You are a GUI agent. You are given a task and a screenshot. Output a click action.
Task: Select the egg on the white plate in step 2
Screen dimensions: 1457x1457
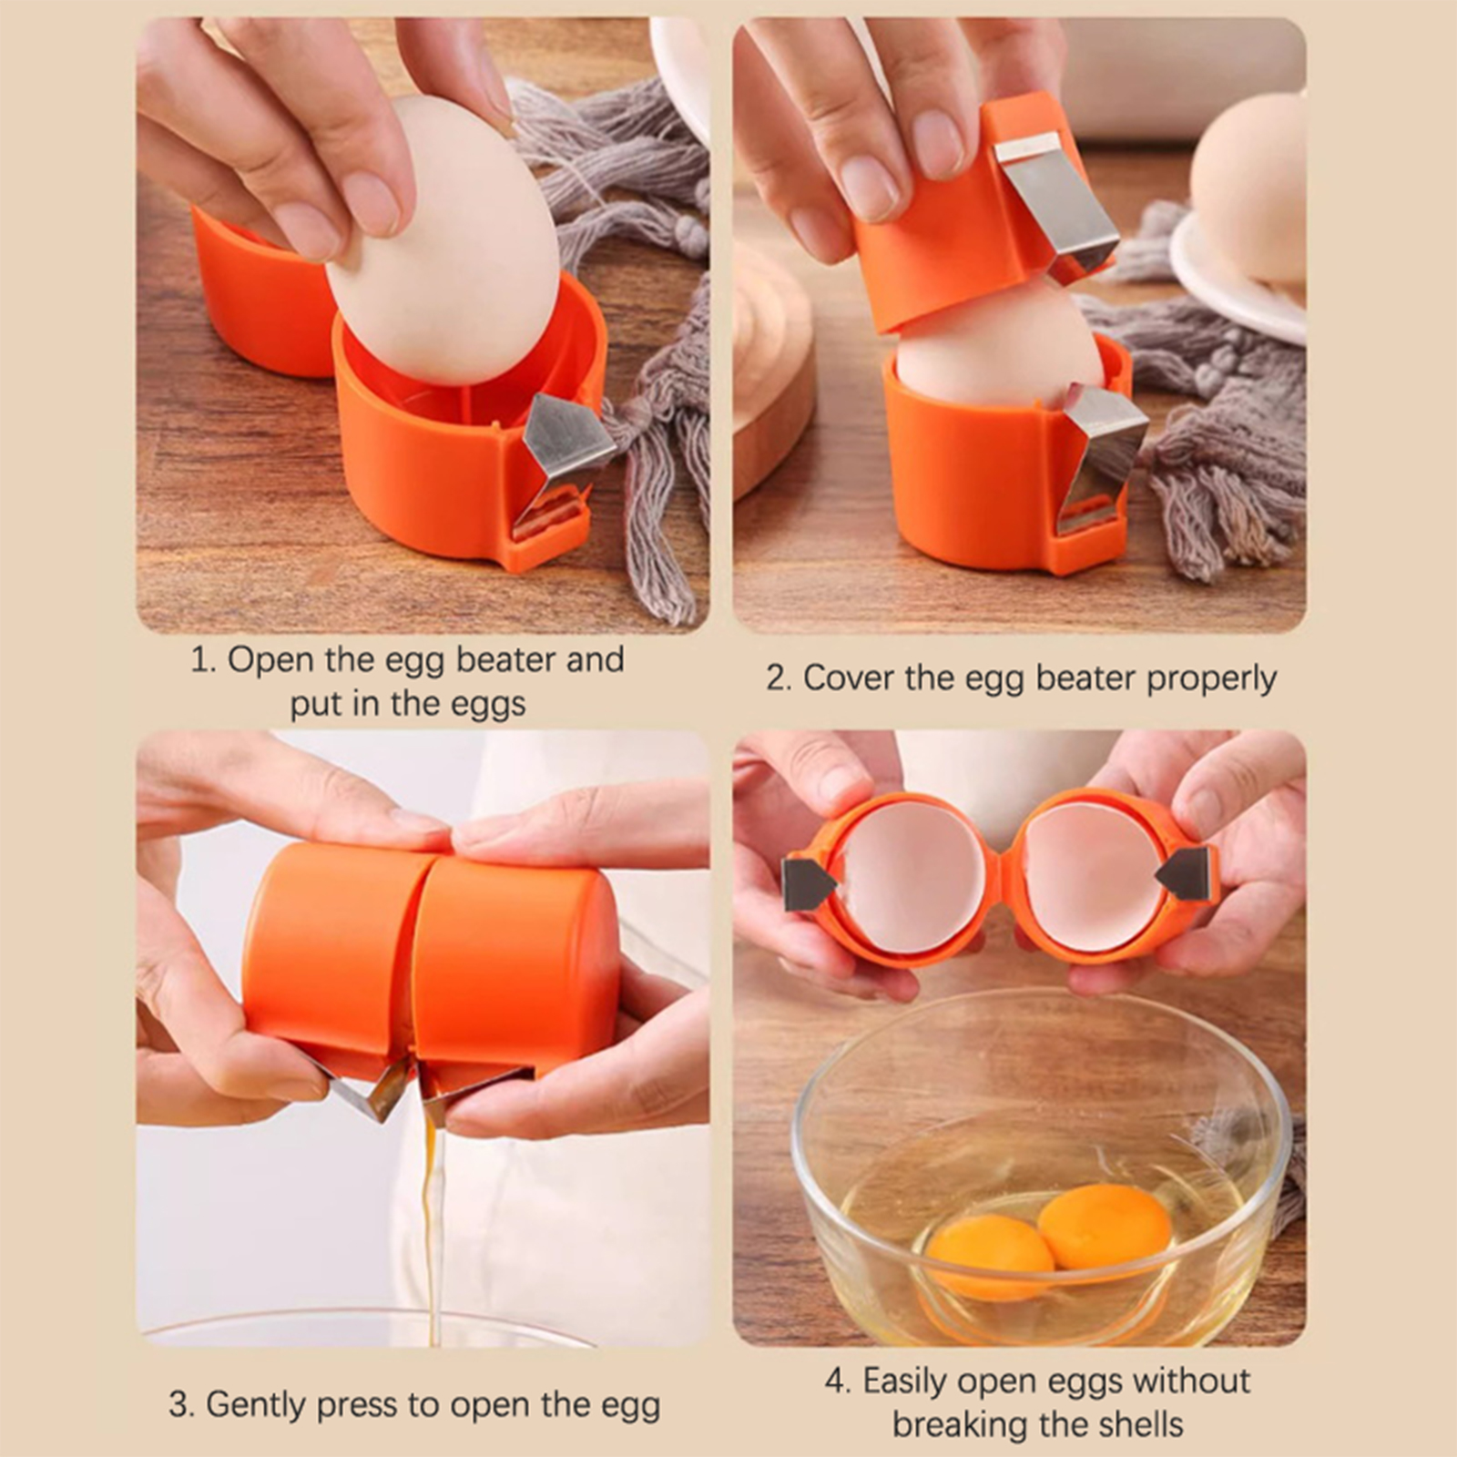coord(1248,187)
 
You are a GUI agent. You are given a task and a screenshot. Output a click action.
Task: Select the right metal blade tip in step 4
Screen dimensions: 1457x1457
coord(1185,873)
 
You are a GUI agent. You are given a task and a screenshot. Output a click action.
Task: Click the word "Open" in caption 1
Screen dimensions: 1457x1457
coord(270,659)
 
